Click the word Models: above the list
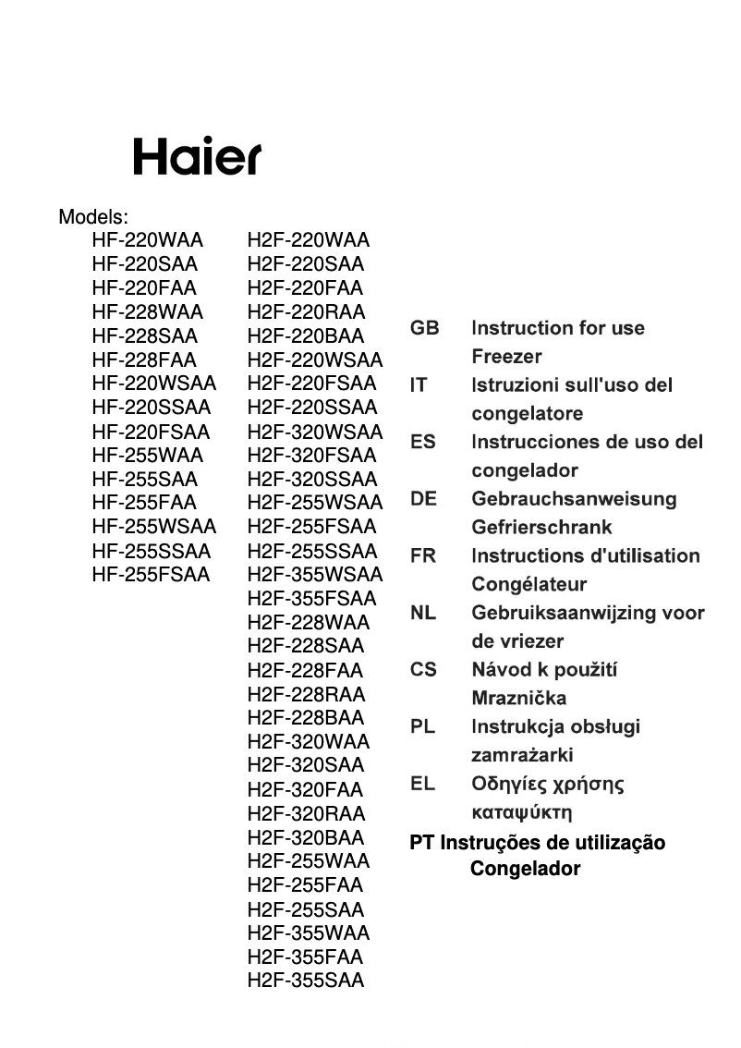pyautogui.click(x=93, y=217)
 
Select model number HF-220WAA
pyautogui.click(x=147, y=241)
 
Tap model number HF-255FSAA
pyautogui.click(x=152, y=575)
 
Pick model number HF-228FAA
pyautogui.click(x=144, y=360)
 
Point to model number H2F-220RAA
pyautogui.click(x=306, y=312)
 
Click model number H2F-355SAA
pyautogui.click(x=306, y=981)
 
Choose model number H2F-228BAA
pyautogui.click(x=306, y=718)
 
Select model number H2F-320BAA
pyautogui.click(x=306, y=838)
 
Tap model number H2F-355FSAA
pyautogui.click(x=312, y=599)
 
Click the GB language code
pyautogui.click(x=425, y=328)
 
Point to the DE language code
pyautogui.click(x=423, y=499)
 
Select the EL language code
pyautogui.click(x=422, y=785)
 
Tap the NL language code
pyautogui.click(x=423, y=613)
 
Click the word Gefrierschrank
pyautogui.click(x=541, y=528)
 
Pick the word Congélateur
pyautogui.click(x=528, y=585)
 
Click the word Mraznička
pyautogui.click(x=518, y=699)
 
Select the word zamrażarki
pyautogui.click(x=522, y=756)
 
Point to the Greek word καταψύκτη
pyautogui.click(x=521, y=813)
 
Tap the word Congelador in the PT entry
pyautogui.click(x=525, y=870)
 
